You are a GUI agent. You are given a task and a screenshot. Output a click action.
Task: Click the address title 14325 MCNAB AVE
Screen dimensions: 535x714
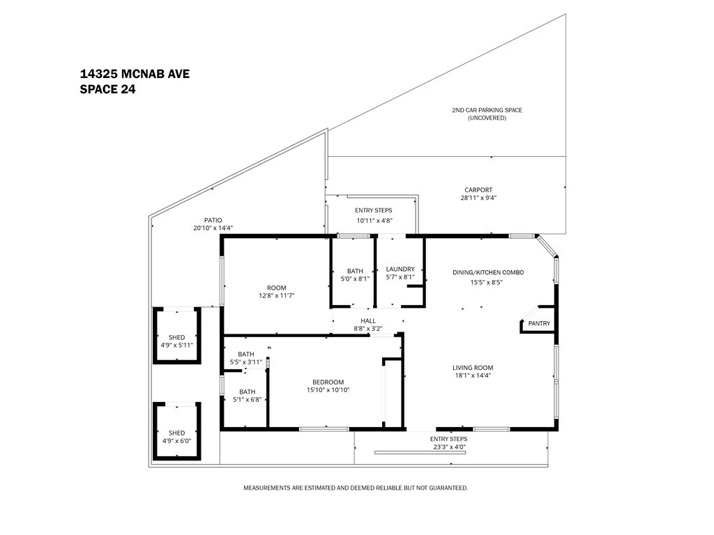(x=135, y=73)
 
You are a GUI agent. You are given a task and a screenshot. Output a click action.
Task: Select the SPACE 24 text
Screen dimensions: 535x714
(x=107, y=88)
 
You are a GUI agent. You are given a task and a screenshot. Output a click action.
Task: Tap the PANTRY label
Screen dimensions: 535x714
(x=539, y=323)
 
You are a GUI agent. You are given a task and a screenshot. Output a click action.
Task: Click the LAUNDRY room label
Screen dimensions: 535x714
(x=400, y=269)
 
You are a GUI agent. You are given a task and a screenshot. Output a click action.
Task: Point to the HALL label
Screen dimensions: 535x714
(x=368, y=320)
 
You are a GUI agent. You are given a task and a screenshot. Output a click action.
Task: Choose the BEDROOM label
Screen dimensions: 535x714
(x=328, y=382)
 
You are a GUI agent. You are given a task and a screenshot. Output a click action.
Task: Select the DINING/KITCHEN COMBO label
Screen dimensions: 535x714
(x=487, y=272)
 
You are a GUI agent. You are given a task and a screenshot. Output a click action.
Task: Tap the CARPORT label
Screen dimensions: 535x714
(x=478, y=190)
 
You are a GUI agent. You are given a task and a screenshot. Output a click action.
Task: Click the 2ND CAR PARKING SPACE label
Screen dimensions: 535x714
(x=487, y=110)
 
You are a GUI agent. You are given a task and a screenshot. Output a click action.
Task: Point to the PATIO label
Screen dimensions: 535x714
(x=213, y=220)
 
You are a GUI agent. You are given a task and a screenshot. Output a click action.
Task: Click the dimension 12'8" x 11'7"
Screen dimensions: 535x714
(x=276, y=296)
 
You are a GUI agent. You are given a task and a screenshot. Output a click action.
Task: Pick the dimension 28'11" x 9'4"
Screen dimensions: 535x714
(x=478, y=198)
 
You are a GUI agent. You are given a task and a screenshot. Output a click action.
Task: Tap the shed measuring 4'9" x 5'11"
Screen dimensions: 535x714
(x=176, y=341)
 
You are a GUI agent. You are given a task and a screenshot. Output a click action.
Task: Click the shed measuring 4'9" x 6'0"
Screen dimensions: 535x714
(x=176, y=437)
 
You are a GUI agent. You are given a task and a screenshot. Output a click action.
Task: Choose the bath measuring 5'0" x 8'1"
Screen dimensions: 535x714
(x=355, y=274)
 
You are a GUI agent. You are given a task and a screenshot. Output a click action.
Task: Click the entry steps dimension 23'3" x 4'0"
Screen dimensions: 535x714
(x=448, y=447)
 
